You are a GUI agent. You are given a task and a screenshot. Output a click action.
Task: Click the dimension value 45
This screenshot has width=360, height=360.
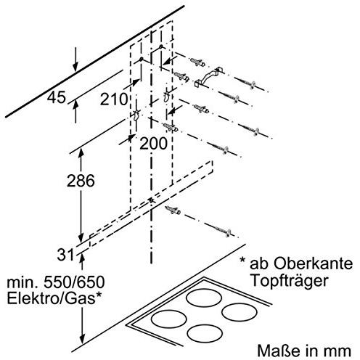point(57,97)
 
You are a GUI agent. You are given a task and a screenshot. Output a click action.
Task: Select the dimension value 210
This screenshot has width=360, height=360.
point(114,99)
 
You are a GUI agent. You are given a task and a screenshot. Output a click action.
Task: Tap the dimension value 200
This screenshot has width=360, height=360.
point(153,143)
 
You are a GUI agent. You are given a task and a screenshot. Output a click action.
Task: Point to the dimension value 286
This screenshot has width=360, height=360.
point(81,181)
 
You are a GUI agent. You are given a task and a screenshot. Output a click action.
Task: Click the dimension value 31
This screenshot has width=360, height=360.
point(65,255)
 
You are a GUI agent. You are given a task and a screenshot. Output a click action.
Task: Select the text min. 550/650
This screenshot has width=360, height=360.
point(56,282)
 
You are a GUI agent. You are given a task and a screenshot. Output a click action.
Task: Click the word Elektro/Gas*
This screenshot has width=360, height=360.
point(54,299)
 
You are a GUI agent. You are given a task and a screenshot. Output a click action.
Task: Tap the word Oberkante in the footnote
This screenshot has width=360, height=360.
point(314,263)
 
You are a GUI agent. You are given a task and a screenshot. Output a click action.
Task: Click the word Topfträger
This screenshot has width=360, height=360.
point(290,281)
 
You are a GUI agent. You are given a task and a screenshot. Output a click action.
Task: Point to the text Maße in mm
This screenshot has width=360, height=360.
point(304,351)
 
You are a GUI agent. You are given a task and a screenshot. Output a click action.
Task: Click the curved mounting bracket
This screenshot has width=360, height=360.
point(209,78)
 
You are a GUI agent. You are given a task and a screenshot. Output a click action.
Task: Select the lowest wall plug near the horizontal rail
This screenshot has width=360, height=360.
point(173,210)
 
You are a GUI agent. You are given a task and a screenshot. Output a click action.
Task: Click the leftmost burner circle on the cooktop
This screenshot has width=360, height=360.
point(168,319)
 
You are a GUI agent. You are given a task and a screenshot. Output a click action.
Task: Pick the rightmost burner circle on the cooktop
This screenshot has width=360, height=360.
point(240,312)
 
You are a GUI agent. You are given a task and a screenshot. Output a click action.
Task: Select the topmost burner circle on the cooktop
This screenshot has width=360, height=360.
point(203,298)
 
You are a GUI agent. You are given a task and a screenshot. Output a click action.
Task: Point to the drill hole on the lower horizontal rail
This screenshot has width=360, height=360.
point(151,200)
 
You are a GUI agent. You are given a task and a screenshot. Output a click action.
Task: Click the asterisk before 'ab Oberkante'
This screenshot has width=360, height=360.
point(242,261)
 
